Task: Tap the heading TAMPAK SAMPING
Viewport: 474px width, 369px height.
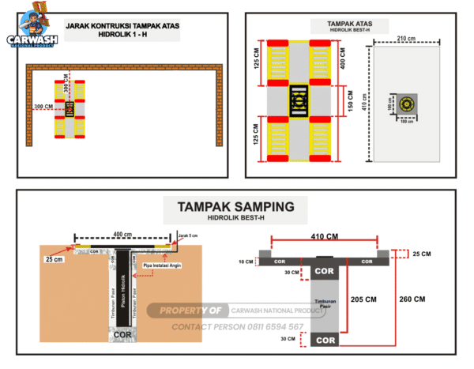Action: tap(236, 207)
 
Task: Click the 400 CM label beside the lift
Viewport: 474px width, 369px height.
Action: tap(342, 58)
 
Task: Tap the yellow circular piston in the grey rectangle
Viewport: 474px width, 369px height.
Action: tap(408, 104)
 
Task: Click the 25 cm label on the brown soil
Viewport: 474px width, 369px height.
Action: tap(55, 258)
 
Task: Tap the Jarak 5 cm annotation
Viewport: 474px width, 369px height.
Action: tap(186, 235)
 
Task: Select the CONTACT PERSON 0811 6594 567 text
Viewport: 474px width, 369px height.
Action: tap(237, 326)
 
